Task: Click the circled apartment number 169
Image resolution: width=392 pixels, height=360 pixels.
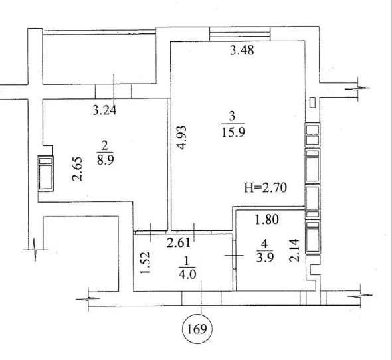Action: [x=197, y=329]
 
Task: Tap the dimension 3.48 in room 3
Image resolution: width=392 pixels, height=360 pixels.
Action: [x=242, y=50]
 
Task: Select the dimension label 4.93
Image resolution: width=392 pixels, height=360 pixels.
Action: [x=182, y=137]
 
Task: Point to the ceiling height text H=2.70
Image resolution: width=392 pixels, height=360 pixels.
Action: [x=265, y=187]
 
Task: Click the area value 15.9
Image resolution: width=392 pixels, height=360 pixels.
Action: [x=233, y=132]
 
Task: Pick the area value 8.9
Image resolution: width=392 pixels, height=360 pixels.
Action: [x=106, y=160]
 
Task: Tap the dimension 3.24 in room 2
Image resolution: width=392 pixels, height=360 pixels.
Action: [x=104, y=110]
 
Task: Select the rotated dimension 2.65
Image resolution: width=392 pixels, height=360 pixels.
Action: [x=77, y=169]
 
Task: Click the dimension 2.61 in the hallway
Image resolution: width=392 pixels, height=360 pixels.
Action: [x=179, y=242]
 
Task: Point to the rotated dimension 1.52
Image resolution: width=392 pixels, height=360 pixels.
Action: [x=146, y=262]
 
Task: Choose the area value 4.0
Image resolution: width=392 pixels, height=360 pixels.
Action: [x=187, y=275]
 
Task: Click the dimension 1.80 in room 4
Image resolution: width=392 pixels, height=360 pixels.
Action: [x=266, y=219]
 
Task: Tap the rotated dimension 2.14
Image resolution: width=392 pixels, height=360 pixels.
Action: [x=294, y=250]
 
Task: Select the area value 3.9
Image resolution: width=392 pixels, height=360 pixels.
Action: [x=265, y=257]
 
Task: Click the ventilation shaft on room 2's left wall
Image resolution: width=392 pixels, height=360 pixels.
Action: [x=45, y=173]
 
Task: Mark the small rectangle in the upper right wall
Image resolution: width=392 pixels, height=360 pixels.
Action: [x=312, y=102]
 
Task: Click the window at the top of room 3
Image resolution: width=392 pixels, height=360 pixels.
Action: [x=240, y=33]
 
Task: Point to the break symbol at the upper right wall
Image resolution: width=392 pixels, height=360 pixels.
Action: [x=357, y=88]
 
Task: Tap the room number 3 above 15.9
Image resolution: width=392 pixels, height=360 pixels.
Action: [x=232, y=116]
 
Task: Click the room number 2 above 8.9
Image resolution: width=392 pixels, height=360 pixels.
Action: [x=104, y=145]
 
